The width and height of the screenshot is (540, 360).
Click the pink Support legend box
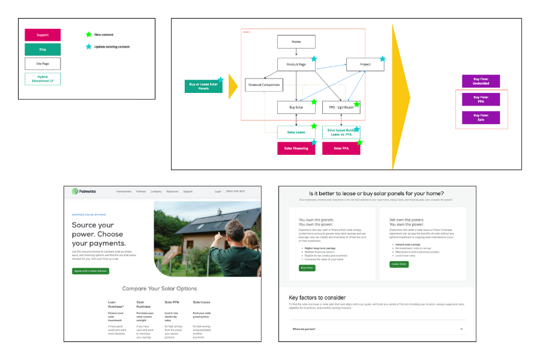pos(43,35)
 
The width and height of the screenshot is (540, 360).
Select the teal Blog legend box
pos(43,49)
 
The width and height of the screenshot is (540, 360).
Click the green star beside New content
pos(89,35)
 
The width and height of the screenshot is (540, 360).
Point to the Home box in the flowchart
pos(296,41)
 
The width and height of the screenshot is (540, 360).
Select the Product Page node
pos(296,64)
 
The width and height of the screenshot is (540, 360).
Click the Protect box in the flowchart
pos(365,64)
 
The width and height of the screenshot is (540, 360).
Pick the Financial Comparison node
pos(264,85)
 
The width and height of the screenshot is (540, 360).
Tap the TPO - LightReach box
pos(341,107)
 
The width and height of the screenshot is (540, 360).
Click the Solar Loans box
pos(296,132)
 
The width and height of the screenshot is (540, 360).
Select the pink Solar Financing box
pos(296,148)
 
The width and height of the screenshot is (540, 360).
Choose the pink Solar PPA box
pos(341,148)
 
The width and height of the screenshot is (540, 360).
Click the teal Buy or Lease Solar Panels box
pos(203,86)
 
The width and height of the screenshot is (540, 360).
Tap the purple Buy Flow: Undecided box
pos(481,82)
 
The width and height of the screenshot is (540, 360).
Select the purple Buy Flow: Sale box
pos(481,118)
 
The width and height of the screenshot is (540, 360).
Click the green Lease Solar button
pos(399,264)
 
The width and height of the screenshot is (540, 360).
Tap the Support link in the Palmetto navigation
pos(188,191)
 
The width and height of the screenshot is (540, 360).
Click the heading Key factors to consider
pos(317,298)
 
